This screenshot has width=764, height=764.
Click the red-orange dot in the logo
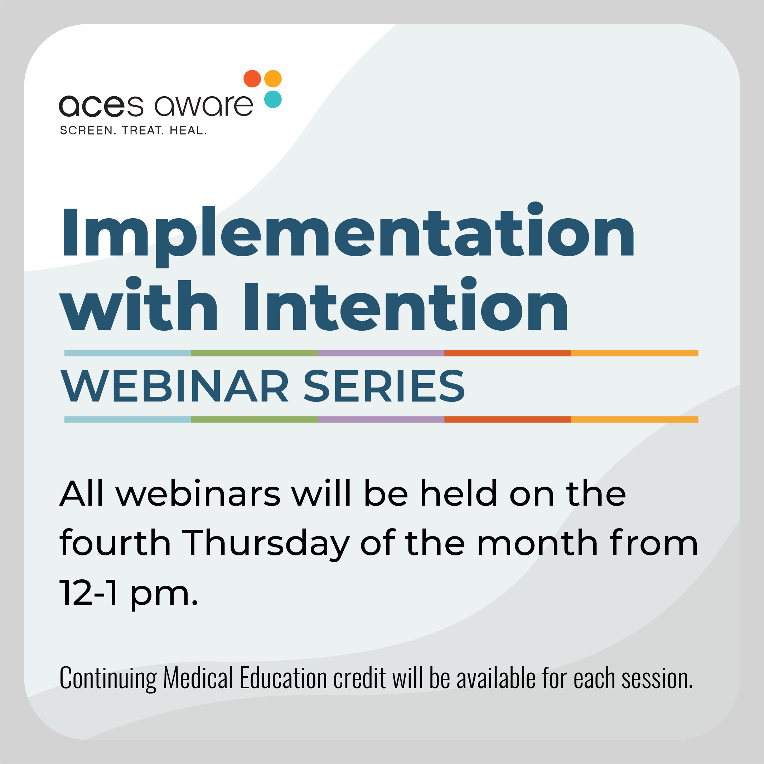(252, 79)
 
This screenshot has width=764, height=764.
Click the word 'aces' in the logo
(101, 106)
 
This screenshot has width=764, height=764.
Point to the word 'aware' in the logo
(203, 106)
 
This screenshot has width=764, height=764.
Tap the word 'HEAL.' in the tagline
(188, 131)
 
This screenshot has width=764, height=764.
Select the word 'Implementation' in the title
(348, 233)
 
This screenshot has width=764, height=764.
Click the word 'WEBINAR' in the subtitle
(174, 386)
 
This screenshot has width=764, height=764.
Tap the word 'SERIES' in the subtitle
(384, 386)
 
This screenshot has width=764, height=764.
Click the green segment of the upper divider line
(254, 353)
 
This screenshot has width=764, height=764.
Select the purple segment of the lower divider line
(381, 419)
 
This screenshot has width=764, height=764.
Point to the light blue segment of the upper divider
(127, 353)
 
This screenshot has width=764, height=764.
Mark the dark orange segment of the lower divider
(507, 419)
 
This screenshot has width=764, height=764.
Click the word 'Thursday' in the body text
(266, 544)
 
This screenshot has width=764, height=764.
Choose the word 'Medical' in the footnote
(198, 678)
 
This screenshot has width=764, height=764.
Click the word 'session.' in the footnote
(657, 678)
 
